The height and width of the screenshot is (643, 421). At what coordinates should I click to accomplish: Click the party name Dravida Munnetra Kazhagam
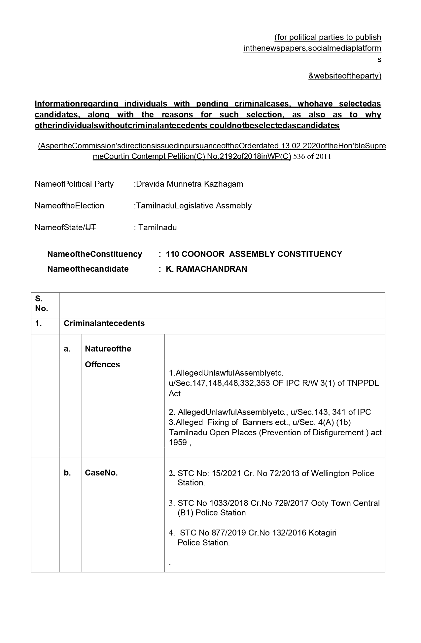coord(190,184)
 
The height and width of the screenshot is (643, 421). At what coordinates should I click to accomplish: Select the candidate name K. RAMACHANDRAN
coord(206,269)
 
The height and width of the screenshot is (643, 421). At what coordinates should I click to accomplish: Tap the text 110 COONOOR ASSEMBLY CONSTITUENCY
coord(254,254)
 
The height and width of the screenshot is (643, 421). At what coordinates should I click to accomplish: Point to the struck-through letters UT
coord(91,228)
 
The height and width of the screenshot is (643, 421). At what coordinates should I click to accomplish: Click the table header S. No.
coord(42,304)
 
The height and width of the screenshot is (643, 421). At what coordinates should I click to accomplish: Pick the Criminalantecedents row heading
coord(104,323)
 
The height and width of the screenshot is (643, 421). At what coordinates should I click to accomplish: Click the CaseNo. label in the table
coord(101,473)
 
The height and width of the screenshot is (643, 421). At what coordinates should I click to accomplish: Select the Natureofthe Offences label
coord(108,356)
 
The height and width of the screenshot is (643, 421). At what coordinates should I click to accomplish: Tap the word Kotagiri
coord(322,533)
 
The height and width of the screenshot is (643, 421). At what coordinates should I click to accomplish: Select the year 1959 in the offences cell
coord(178,443)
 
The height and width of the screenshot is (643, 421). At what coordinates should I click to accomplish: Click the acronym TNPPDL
coord(363,383)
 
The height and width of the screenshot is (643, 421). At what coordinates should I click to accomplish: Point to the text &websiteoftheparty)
coord(345,76)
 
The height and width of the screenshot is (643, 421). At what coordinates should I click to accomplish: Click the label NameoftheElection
coord(69,206)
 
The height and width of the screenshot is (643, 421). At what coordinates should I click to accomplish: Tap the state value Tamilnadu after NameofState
coord(158,228)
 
